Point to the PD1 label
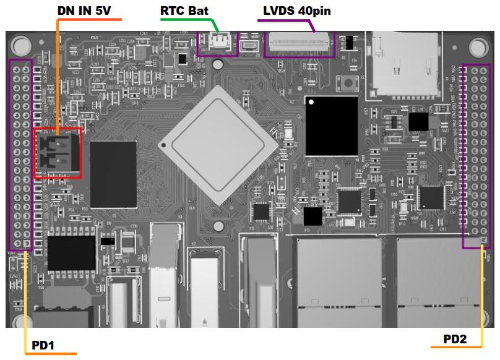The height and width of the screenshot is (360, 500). (x=40, y=345)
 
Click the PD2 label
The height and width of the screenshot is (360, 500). (x=455, y=338)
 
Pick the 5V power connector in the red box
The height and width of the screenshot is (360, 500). (x=56, y=153)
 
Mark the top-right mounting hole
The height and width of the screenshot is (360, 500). (x=478, y=47)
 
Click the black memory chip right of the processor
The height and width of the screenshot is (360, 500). (x=331, y=126)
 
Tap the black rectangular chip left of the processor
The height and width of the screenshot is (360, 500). (x=113, y=174)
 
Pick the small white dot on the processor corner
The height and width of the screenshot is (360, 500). (x=163, y=145)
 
